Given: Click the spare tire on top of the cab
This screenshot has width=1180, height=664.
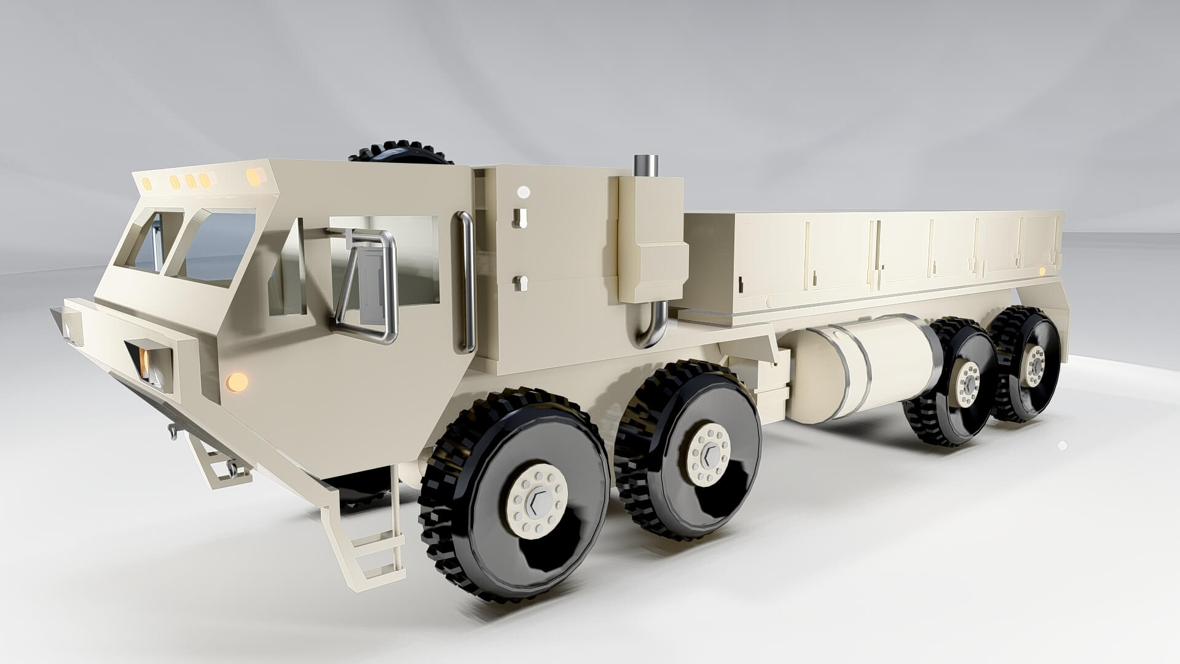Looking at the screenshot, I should coord(400,153).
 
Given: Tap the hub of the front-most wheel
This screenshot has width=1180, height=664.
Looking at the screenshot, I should coord(537,501).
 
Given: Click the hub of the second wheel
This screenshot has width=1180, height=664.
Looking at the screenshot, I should coord(709,455).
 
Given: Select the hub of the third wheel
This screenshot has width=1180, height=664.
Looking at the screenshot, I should coord(968,384).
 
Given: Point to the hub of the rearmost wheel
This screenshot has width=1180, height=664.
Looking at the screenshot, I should coord(1034,366).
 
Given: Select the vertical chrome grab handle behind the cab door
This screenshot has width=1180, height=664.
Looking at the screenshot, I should coord(466,283).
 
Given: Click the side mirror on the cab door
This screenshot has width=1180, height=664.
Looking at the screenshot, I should coord(371,285).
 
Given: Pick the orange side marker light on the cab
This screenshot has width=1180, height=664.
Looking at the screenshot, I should coord(237,382).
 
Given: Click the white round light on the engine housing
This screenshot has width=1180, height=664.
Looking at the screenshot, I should coord(523,192).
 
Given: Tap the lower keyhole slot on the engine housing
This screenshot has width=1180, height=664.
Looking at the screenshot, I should coord(520,283).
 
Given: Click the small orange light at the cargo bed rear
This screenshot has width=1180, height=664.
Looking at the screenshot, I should coord(1042,271).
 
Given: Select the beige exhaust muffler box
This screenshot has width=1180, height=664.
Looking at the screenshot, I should coord(652,240).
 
